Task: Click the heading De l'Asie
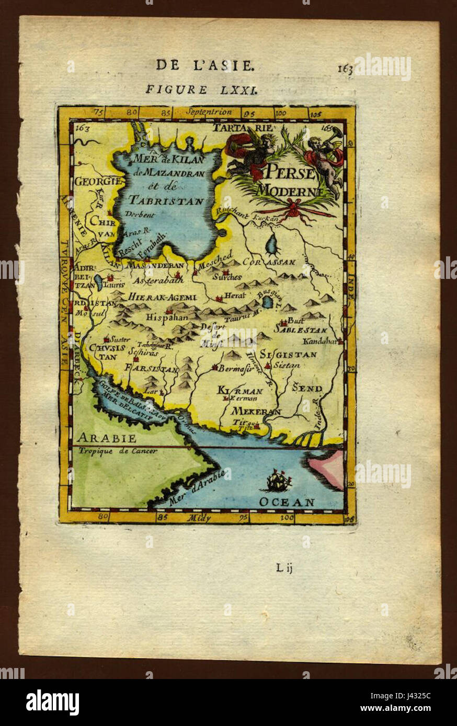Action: tap(205, 65)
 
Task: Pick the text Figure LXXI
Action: tap(201, 89)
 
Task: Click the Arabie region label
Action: tap(106, 438)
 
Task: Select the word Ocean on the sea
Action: tap(287, 502)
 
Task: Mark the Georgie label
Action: tap(98, 181)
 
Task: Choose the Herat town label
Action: tap(232, 296)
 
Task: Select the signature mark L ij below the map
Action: tap(284, 568)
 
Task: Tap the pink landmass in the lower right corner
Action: tap(328, 466)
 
